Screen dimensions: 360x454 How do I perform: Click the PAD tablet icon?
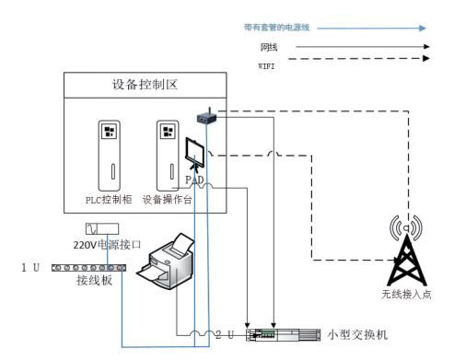click(196, 153)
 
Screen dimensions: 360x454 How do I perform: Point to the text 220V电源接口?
click(106, 245)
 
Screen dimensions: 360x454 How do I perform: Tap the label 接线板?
click(94, 281)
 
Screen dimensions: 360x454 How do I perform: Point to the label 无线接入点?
click(405, 295)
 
